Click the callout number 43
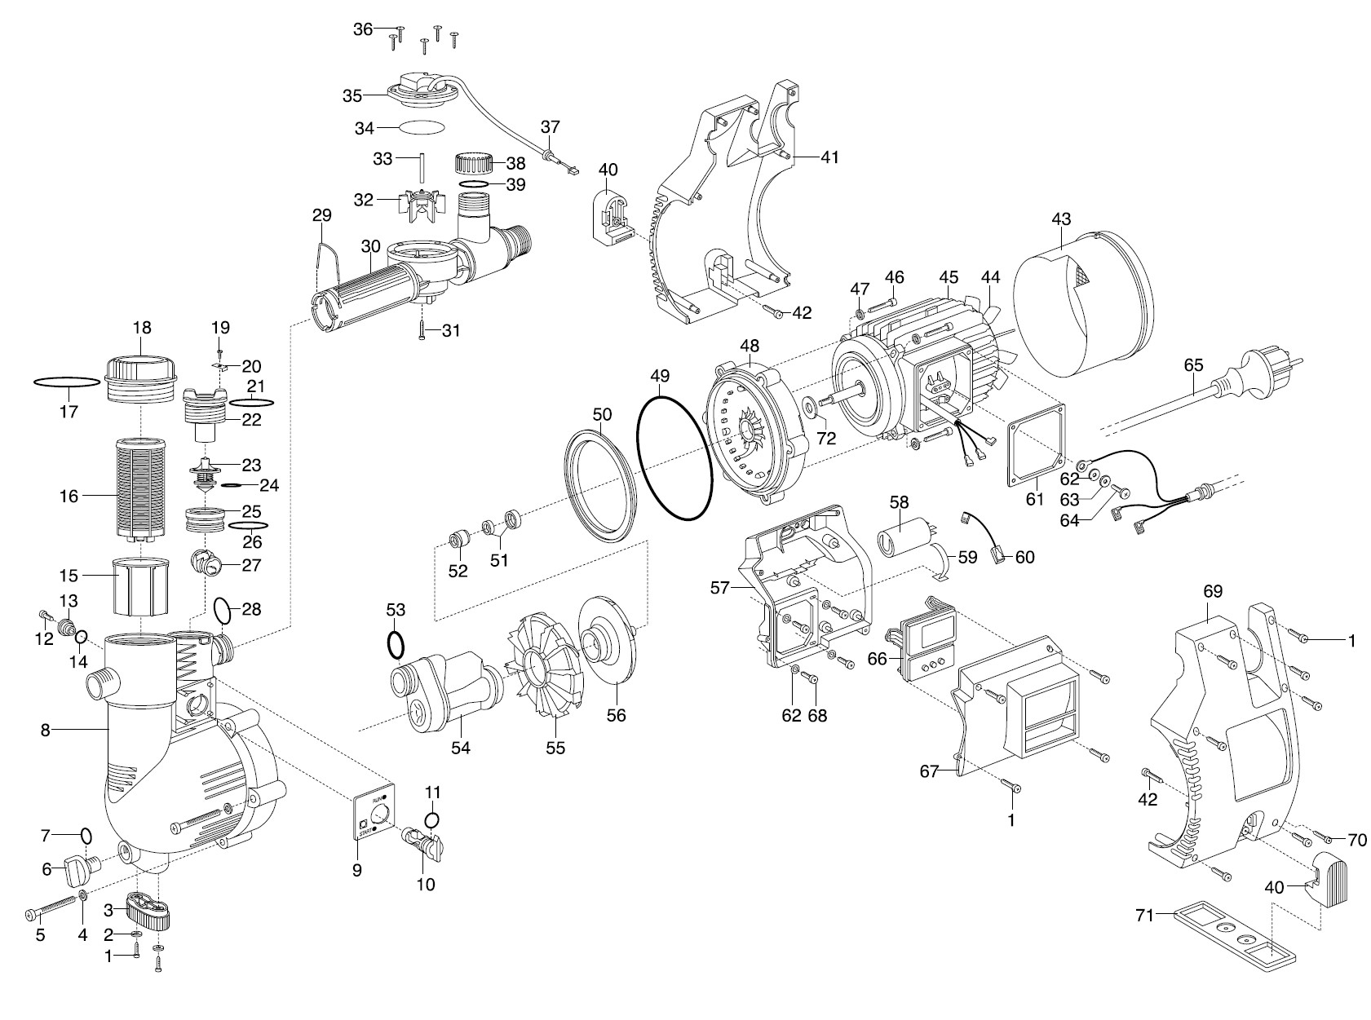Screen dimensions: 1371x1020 coord(1061,219)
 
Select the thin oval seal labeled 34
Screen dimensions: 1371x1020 coord(422,127)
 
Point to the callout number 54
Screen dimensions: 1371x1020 coord(461,748)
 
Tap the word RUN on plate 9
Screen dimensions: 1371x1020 coord(378,799)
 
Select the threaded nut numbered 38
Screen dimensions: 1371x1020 coord(474,164)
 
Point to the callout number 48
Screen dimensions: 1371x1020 coord(750,345)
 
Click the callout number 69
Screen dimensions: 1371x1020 coord(1213,591)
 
